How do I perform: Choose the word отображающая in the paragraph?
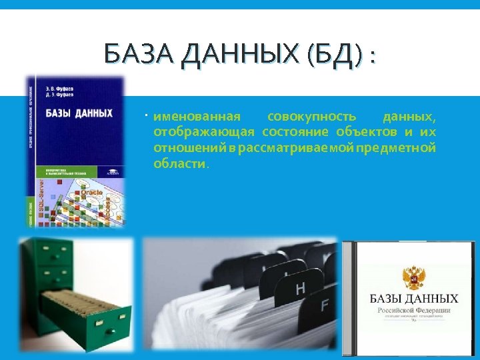click(204, 132)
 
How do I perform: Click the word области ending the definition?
click(181, 163)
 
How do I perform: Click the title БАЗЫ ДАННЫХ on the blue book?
click(79, 113)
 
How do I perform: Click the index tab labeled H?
click(300, 289)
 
